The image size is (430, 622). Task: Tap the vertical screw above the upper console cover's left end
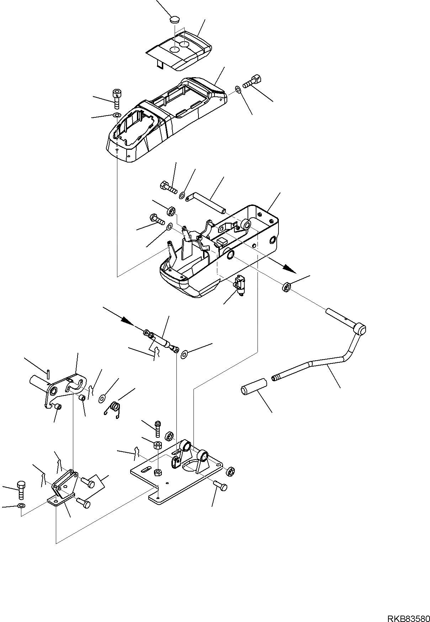tap(117, 97)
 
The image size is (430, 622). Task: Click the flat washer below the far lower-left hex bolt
tap(21, 506)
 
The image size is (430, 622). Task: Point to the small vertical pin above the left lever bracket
tap(48, 374)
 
